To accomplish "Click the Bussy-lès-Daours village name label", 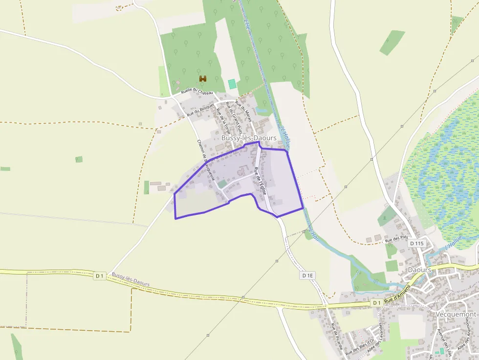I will (248, 138).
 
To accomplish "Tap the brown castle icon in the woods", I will (203, 79).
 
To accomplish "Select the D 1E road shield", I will (307, 275).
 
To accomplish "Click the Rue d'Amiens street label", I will (395, 299).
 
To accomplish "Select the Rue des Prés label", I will (396, 240).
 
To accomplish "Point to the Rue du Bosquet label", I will (200, 108).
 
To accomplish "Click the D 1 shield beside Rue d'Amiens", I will (376, 303).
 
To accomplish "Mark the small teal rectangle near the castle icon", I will (232, 84).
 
